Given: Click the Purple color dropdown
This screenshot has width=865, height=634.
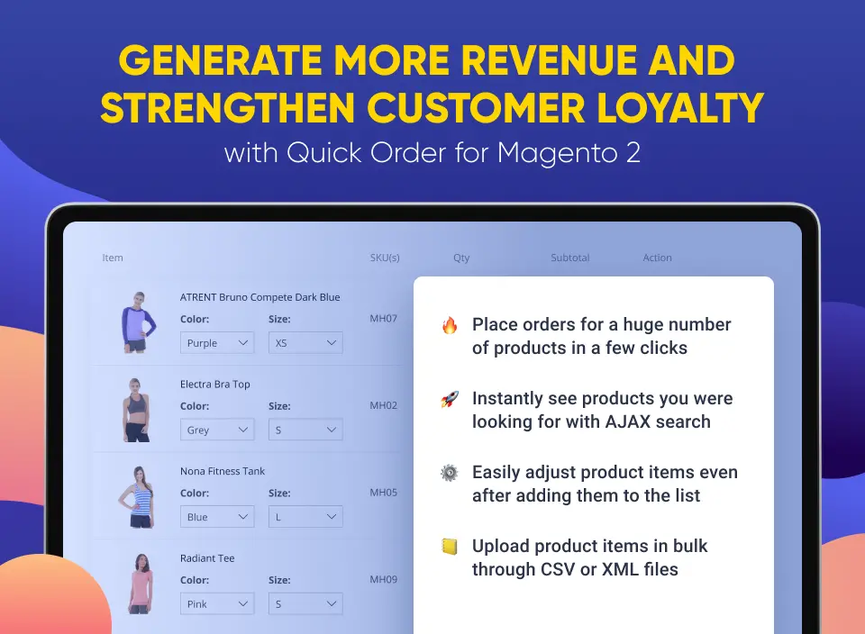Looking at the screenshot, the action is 217,343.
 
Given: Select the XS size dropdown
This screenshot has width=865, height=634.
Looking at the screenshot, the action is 305,343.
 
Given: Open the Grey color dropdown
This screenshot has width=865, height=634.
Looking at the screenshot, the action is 217,430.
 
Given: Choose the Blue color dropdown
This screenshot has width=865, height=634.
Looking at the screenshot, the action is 217,517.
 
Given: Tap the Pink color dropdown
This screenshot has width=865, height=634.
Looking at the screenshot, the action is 217,604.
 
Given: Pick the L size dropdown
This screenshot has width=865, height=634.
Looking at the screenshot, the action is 305,517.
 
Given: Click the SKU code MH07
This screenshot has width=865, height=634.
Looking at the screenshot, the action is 384,319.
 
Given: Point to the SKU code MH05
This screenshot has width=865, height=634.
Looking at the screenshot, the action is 384,493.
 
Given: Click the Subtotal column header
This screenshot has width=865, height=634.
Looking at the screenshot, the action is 569,258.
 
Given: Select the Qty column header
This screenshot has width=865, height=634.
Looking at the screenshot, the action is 461,258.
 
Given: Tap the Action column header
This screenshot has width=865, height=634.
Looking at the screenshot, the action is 657,258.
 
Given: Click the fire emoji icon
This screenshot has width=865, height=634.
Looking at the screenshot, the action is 450,325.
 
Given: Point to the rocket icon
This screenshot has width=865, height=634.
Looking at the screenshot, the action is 450,399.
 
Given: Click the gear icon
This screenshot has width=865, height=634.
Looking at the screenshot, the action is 449,473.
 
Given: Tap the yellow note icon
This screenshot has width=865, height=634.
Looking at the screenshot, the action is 450,547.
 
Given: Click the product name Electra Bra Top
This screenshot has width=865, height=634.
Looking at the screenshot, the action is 214,385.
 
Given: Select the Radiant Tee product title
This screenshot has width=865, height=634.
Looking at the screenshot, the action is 207,558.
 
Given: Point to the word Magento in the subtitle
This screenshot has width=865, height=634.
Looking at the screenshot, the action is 557,153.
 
